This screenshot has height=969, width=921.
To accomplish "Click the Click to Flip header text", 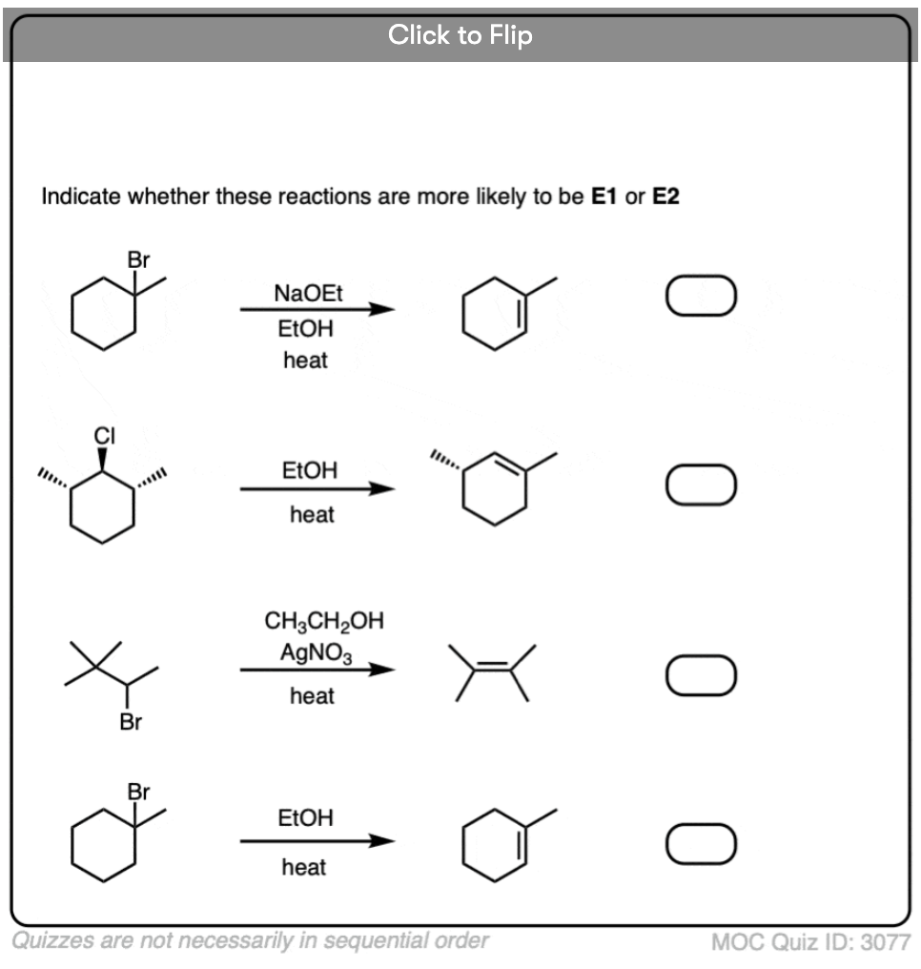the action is pos(460,35).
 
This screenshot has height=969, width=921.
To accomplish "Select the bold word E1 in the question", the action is pos(604,196).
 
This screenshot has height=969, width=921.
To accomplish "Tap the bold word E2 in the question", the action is pos(665,196).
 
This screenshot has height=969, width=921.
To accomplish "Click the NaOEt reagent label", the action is pos(308,293).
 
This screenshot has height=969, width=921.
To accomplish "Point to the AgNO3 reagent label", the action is pos(317,653).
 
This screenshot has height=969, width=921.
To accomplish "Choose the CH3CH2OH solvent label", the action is pos(323,621).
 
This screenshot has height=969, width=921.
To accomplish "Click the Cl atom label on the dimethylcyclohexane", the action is pos(104,436).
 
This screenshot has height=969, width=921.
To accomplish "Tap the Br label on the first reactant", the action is pos(138,259).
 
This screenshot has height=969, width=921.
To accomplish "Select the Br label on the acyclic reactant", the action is pos(131,721).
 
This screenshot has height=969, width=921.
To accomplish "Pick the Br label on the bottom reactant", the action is pos(138,791).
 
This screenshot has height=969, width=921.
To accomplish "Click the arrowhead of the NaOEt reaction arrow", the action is pos(383,309).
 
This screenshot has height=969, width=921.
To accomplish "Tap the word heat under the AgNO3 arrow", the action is pos(312,696).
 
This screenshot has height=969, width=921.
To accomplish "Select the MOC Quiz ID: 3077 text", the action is pos(811,942).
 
